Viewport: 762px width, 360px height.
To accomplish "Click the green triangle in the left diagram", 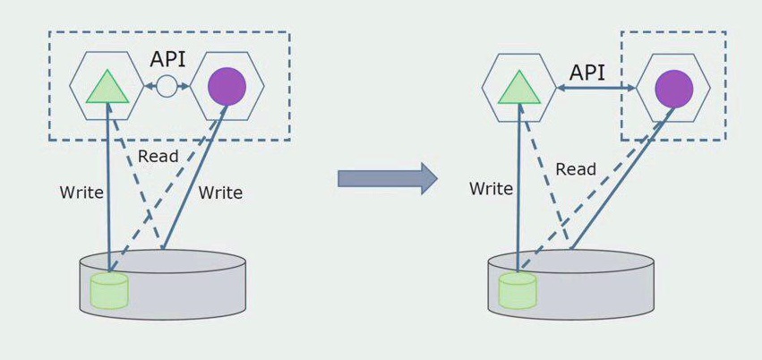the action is tap(107, 87).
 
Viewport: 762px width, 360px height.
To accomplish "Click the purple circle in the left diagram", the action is tap(227, 86).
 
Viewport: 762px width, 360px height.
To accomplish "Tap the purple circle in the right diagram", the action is tap(673, 89).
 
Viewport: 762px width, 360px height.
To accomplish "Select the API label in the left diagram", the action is tap(168, 60).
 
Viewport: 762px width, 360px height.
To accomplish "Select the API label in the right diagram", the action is tap(587, 73).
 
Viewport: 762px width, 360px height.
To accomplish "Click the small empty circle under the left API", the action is tap(167, 87).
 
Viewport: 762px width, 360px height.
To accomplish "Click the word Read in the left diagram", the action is tap(158, 156).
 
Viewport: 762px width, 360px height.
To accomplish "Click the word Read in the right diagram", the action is tap(576, 169).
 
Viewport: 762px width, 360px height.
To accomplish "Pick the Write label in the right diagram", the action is tap(491, 189).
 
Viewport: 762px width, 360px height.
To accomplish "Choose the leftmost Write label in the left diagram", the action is tap(81, 193).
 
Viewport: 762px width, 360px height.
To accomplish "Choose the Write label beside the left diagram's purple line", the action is tap(220, 193).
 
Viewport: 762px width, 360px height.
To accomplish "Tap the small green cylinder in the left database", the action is tap(109, 291).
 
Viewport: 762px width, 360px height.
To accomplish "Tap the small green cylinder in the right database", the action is tap(518, 290).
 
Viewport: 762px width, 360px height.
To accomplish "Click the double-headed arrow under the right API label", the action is tap(596, 88).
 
